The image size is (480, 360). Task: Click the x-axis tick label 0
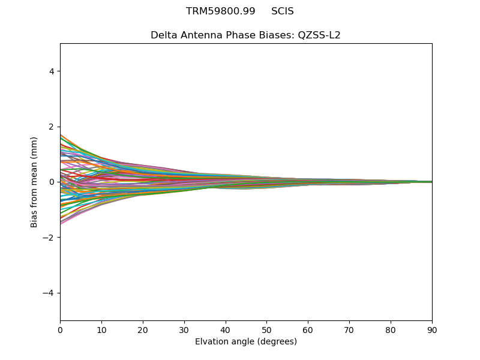[x=60, y=329]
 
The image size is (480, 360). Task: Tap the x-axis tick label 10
[x=101, y=329]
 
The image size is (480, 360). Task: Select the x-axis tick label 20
[x=143, y=329]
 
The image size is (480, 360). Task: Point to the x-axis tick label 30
[x=184, y=329]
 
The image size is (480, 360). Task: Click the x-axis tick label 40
[x=226, y=329]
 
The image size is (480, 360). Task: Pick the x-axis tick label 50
[x=266, y=329]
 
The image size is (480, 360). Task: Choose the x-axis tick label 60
[x=308, y=329]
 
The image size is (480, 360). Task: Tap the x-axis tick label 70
[x=349, y=329]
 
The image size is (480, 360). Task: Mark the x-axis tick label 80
[x=391, y=329]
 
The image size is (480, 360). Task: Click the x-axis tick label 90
[x=432, y=329]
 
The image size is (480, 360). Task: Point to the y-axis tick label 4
[x=52, y=71]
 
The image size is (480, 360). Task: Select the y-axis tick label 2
[x=52, y=127]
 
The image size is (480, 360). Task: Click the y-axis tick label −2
[x=49, y=238]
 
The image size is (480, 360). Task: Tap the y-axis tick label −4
[x=49, y=293]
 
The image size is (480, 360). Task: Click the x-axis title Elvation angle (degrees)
[x=246, y=341]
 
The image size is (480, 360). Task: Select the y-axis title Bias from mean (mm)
[x=35, y=182]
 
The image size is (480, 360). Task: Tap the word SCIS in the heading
[x=283, y=11]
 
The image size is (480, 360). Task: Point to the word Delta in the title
[x=163, y=35]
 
